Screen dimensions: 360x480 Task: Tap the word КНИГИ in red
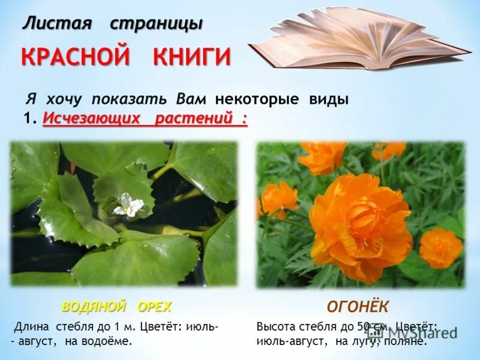click(191, 58)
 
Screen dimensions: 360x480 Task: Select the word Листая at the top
click(58, 24)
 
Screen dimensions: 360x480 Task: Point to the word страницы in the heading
click(156, 24)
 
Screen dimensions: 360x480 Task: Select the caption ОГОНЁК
click(358, 307)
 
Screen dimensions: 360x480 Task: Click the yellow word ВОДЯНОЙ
click(94, 307)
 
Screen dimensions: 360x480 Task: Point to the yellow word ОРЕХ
click(155, 307)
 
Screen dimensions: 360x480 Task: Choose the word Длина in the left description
click(32, 328)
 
